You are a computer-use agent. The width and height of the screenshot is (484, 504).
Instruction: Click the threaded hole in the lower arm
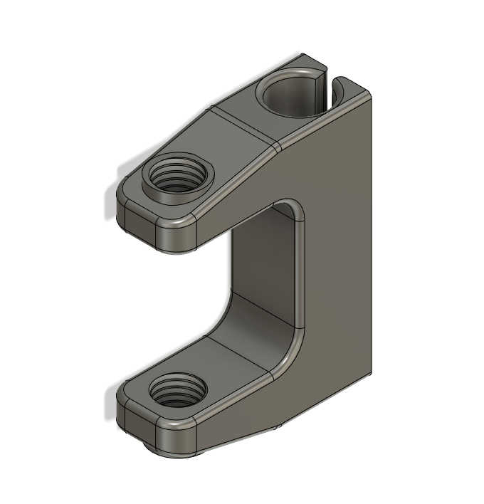[178, 392]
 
